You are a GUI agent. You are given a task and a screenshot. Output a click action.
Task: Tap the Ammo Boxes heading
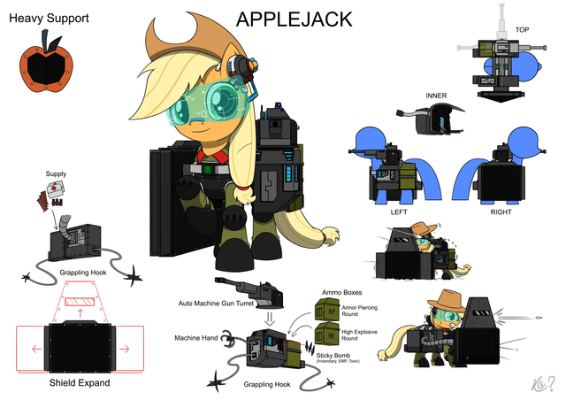click(x=342, y=291)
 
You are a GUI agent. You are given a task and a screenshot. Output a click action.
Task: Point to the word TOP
click(x=523, y=28)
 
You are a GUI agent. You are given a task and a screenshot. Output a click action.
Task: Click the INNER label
click(x=437, y=96)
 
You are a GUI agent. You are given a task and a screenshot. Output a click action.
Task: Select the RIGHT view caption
click(x=501, y=212)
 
